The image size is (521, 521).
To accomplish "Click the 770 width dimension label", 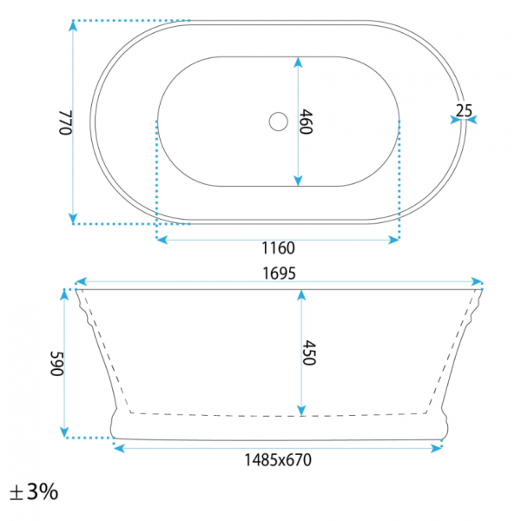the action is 65,122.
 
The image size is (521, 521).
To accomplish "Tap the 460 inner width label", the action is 306,122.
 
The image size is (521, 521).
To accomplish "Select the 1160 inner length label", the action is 278,247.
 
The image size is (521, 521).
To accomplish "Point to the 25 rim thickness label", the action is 464,110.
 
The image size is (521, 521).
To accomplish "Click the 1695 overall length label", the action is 279,274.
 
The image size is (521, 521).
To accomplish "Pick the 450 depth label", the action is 308,353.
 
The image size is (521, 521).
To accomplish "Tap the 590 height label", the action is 56,364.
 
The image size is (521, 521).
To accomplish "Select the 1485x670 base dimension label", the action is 278,460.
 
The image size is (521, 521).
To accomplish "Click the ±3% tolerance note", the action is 34,491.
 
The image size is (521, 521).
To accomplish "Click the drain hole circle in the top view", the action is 279,122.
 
